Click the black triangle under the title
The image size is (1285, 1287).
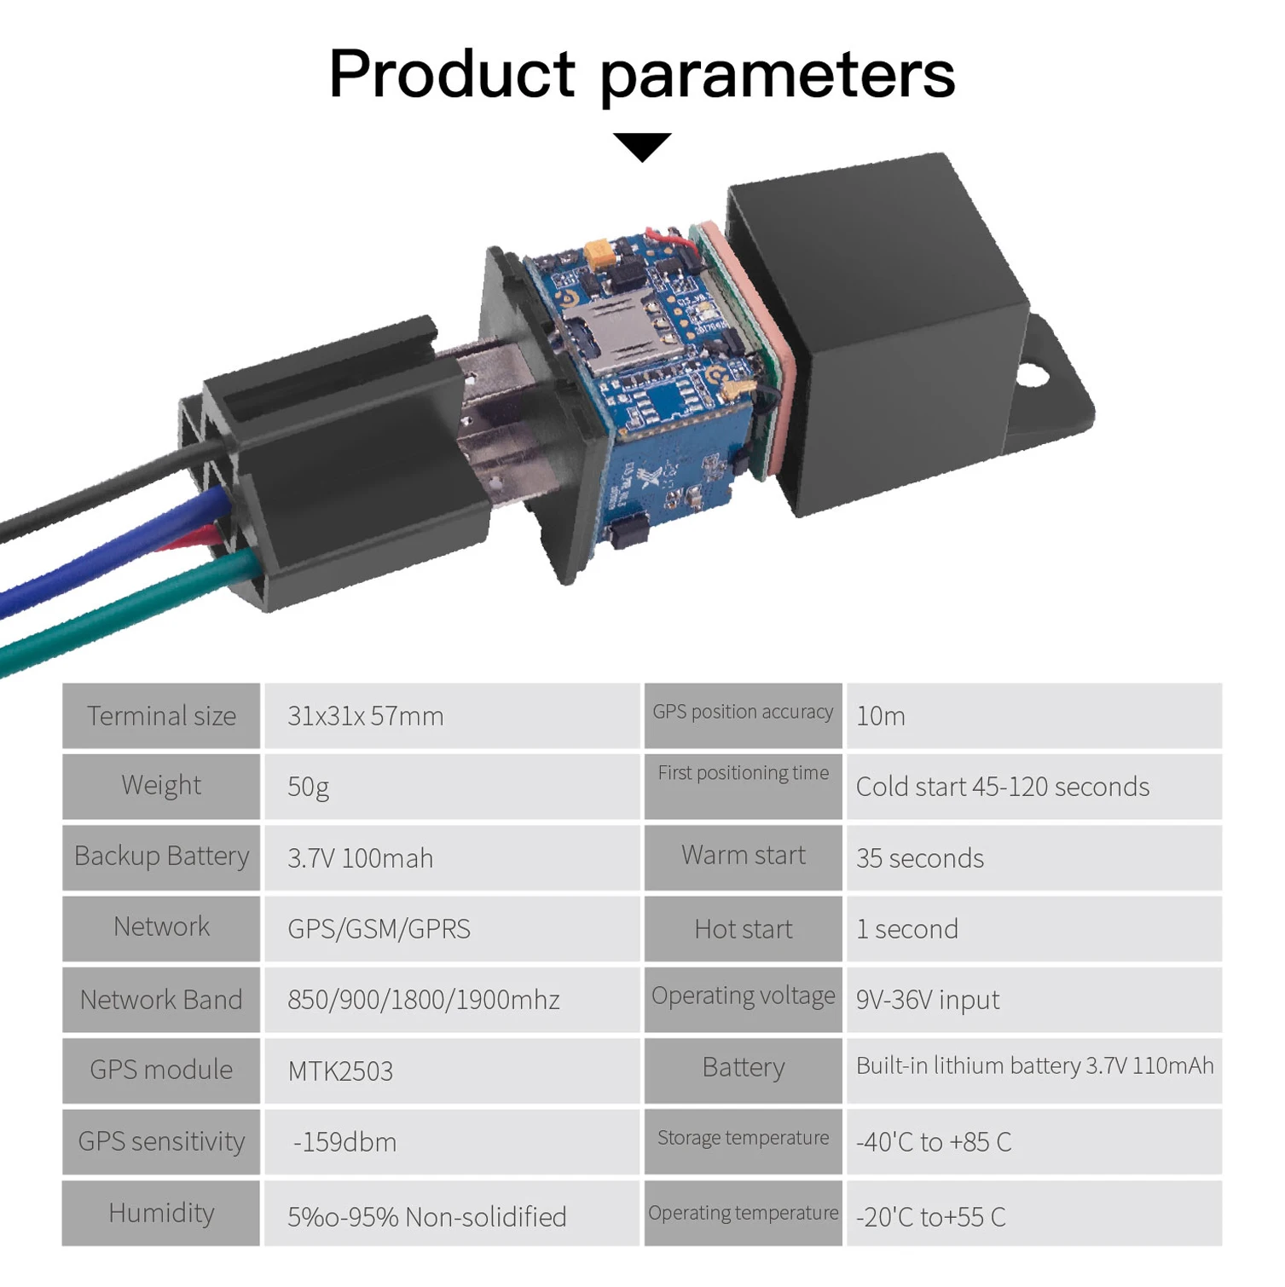[x=642, y=145]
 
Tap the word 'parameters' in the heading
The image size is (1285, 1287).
[x=778, y=75]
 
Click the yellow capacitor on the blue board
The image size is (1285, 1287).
[x=600, y=253]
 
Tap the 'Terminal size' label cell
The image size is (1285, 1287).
[x=161, y=716]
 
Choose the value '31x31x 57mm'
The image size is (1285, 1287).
[x=365, y=716]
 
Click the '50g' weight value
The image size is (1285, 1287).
[x=308, y=787]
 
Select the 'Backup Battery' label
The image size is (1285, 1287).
[x=161, y=857]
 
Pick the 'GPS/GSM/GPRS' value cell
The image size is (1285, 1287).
[x=379, y=929]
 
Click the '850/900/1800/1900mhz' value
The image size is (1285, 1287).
[x=423, y=1000]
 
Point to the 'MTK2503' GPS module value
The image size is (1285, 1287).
[x=340, y=1071]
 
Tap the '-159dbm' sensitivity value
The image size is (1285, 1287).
[x=344, y=1142]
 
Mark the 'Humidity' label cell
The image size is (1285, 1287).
[x=161, y=1213]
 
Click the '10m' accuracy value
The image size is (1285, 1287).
[x=880, y=716]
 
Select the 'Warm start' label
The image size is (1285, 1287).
[x=743, y=856]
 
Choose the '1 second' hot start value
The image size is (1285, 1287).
[x=906, y=929]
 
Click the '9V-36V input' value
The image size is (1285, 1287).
[x=927, y=1000]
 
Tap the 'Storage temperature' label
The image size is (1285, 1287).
[x=743, y=1139]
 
